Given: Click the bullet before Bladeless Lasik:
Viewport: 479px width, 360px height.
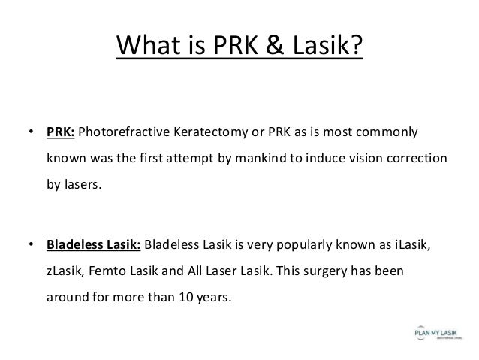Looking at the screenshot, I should point(30,245).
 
